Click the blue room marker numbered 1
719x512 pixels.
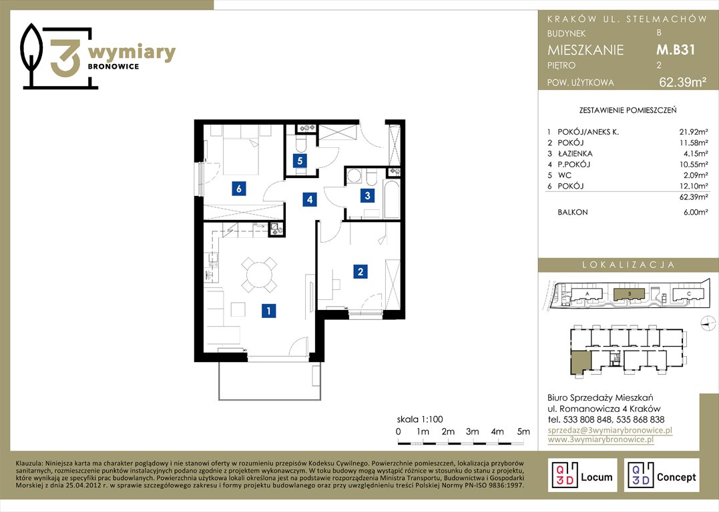(269, 311)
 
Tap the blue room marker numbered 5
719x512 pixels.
(300, 161)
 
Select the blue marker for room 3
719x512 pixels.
(367, 196)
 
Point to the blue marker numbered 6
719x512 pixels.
(238, 188)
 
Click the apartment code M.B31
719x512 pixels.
(676, 49)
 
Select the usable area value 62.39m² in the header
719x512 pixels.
(682, 83)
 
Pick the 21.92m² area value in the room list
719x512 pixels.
(694, 132)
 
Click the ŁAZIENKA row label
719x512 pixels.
(575, 153)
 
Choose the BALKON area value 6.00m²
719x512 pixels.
(695, 212)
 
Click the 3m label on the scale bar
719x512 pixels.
(472, 431)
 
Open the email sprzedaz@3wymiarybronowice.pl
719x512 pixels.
(610, 430)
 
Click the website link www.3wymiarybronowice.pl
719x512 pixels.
(600, 439)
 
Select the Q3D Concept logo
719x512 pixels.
(661, 475)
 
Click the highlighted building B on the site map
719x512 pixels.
(629, 294)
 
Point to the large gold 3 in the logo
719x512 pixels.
(65, 58)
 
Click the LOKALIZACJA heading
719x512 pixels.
(628, 265)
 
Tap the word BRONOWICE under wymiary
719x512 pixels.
(113, 67)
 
